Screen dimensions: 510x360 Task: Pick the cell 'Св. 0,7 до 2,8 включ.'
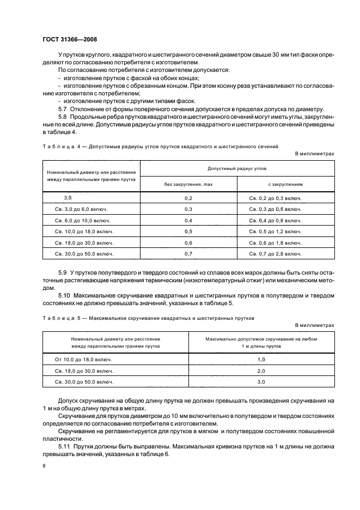275,254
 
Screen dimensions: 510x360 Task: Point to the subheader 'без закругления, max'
188,184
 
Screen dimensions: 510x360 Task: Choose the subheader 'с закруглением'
285,184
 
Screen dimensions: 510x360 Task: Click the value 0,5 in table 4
188,232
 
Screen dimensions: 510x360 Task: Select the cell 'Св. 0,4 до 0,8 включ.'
275,221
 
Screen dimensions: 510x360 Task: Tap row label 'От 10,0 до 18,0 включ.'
84,360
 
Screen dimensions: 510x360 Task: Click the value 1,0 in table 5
261,360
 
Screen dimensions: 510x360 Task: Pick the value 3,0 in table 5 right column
261,382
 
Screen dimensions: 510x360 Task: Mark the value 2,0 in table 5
261,372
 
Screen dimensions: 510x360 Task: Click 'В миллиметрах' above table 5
314,325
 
